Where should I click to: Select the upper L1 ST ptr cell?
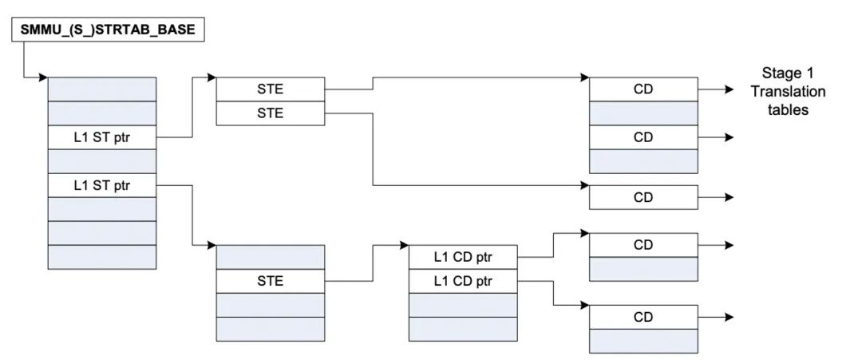(x=102, y=137)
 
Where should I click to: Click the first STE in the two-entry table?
(x=270, y=89)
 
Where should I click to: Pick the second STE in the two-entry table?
(x=270, y=113)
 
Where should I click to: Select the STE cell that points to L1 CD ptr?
(x=270, y=281)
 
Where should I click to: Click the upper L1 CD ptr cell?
(x=463, y=257)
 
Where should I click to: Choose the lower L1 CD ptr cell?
(x=463, y=281)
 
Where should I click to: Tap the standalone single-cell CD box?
(x=643, y=197)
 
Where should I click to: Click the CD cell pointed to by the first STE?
(x=643, y=89)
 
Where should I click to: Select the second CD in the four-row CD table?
(x=643, y=137)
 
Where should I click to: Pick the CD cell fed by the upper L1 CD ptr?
(x=643, y=245)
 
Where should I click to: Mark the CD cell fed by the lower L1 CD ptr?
(x=643, y=317)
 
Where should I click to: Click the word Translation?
(x=788, y=92)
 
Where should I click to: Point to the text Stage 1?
(x=788, y=73)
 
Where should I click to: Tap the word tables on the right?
(x=788, y=110)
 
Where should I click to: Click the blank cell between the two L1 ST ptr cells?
(x=102, y=161)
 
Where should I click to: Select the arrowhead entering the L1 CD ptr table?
(x=404, y=245)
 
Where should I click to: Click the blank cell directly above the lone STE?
(x=270, y=257)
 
